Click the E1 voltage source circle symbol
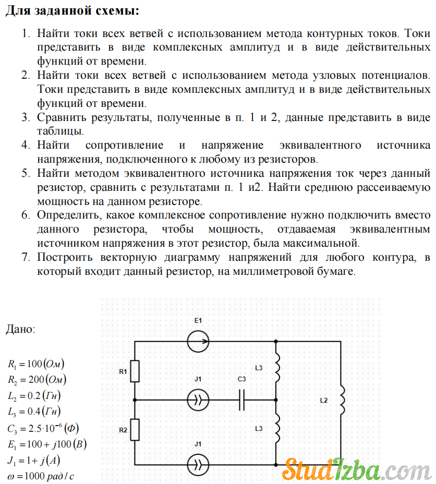pyautogui.click(x=198, y=342)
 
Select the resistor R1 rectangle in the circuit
pyautogui.click(x=135, y=371)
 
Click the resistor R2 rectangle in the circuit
pyautogui.click(x=135, y=430)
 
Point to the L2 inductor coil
pyautogui.click(x=342, y=399)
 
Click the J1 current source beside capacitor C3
pyautogui.click(x=198, y=400)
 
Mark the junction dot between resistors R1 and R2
pyautogui.click(x=135, y=400)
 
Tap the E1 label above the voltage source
pyautogui.click(x=198, y=320)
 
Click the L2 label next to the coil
pyautogui.click(x=324, y=400)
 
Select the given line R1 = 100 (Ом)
pyautogui.click(x=36, y=364)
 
